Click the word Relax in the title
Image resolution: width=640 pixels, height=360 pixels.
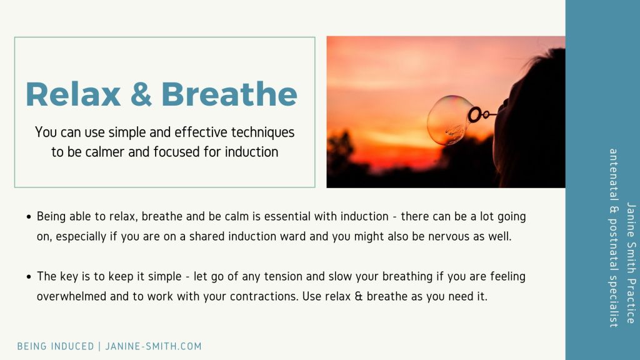tap(73, 94)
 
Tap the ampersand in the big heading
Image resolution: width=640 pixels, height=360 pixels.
tap(141, 94)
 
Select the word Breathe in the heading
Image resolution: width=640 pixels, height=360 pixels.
tap(229, 94)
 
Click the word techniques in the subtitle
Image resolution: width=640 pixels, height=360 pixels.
tap(263, 132)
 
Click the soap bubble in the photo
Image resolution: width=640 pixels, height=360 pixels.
tap(447, 121)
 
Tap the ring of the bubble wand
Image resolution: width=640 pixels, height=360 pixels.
tap(475, 115)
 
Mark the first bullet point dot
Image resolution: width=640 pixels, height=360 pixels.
tap(29, 217)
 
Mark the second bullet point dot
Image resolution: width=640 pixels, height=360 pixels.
tap(29, 277)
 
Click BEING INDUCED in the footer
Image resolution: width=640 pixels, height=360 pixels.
tap(56, 346)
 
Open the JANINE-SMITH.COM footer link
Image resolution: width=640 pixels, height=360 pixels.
tap(154, 346)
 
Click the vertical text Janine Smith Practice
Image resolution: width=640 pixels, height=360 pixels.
tap(631, 263)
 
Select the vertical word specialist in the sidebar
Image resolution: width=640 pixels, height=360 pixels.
tap(613, 301)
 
